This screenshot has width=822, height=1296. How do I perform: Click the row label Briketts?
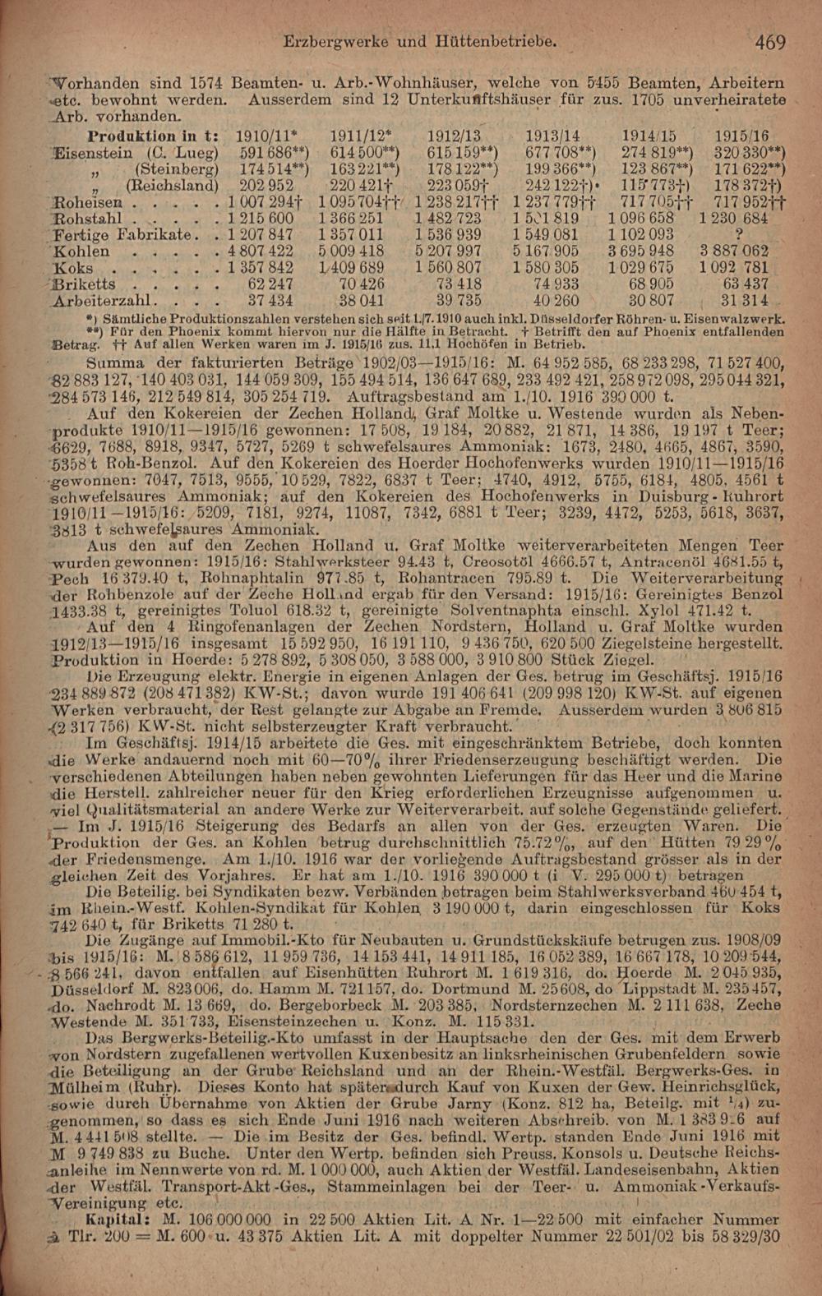point(83,284)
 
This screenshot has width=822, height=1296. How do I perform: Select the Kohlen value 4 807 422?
point(260,251)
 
